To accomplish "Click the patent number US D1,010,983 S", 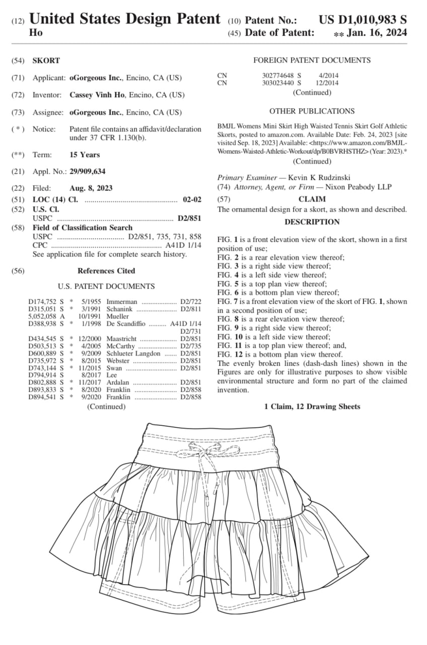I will pos(363,20).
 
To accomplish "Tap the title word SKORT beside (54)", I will pos(46,60).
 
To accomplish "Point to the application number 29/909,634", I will pos(87,171).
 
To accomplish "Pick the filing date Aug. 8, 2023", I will pos(91,188).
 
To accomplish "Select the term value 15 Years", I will pos(85,155).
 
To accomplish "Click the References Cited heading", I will pos(106,271).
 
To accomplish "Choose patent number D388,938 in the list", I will pos(42,324).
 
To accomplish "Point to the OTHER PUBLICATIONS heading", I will pos(312,111).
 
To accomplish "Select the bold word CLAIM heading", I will pos(312,199).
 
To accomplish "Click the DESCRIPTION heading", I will pos(312,222).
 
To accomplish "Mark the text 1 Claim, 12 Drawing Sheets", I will pos(312,406).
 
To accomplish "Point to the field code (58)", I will pos(18,228).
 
